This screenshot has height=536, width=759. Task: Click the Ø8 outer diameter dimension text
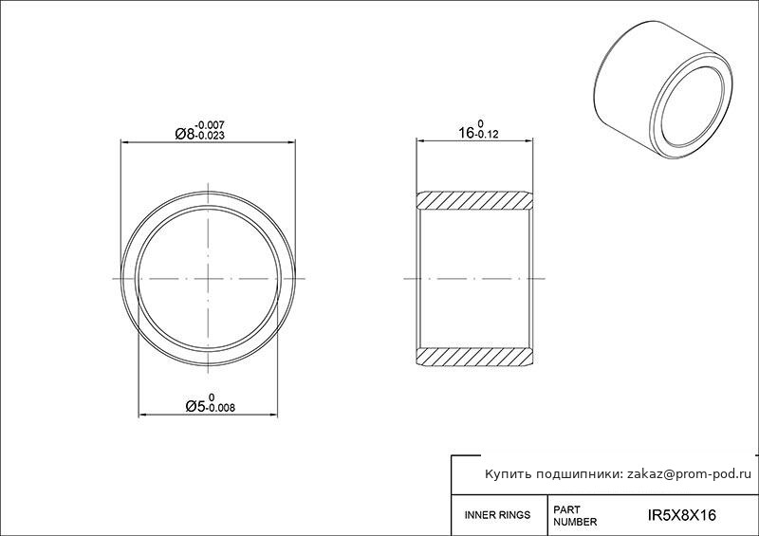184,134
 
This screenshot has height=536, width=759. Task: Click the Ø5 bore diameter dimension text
195,406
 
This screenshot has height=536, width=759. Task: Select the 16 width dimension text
467,133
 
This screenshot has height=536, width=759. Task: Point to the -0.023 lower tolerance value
210,136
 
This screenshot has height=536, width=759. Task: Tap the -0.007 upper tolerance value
210,125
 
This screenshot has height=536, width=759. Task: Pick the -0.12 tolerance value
487,135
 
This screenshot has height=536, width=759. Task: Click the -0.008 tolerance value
221,408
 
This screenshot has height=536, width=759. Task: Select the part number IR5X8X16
681,515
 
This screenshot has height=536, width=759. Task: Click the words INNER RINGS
497,515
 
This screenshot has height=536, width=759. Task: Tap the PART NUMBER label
575,516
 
